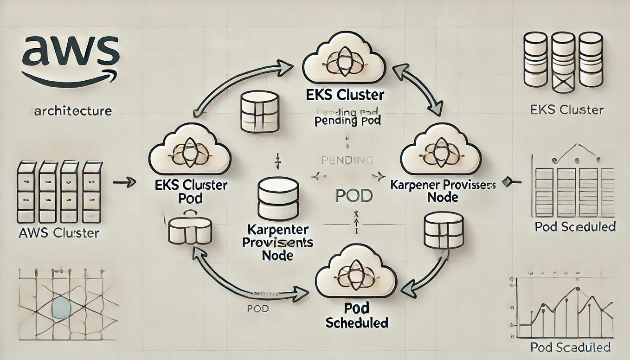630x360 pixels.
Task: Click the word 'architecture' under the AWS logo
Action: coord(72,111)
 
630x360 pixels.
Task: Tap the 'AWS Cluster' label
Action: coord(59,233)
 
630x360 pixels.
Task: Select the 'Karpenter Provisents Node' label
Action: coord(277,242)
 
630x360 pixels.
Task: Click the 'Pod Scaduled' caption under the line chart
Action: coord(570,347)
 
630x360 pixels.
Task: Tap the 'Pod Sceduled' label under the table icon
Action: coord(575,227)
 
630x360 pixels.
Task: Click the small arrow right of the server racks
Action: coord(121,183)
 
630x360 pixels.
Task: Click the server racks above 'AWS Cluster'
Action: coord(59,192)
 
